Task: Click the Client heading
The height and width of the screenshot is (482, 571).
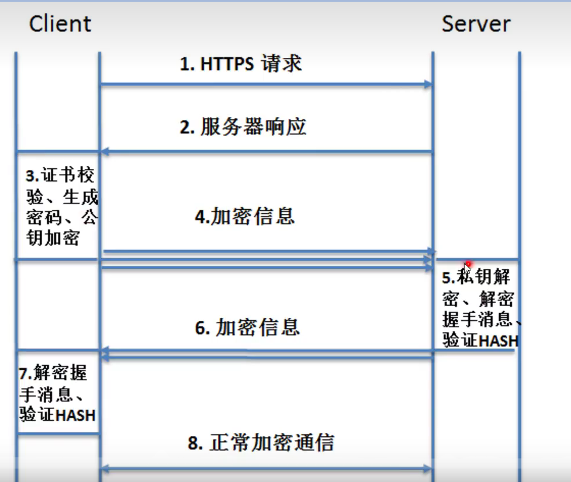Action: pyautogui.click(x=60, y=24)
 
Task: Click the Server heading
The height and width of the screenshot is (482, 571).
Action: pyautogui.click(x=476, y=24)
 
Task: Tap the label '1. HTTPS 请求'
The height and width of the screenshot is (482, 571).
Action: pyautogui.click(x=241, y=64)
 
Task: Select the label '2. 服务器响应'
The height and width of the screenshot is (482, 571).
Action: pyautogui.click(x=243, y=127)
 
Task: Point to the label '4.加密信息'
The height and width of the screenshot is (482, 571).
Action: pyautogui.click(x=245, y=216)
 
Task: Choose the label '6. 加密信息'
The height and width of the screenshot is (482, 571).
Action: pyautogui.click(x=247, y=327)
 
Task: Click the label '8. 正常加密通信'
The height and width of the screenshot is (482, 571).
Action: pyautogui.click(x=261, y=443)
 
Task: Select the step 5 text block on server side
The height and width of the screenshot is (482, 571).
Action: pyautogui.click(x=480, y=308)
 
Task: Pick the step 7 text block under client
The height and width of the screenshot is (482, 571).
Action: pyautogui.click(x=57, y=394)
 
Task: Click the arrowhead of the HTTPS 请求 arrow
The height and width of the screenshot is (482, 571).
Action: pyautogui.click(x=428, y=85)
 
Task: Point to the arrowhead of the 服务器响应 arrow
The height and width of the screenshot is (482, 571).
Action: pyautogui.click(x=105, y=151)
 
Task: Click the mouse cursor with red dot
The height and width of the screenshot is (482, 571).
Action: pyautogui.click(x=468, y=268)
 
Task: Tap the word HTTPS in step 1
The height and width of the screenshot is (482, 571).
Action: pyautogui.click(x=227, y=64)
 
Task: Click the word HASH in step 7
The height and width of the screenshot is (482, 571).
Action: pyautogui.click(x=76, y=415)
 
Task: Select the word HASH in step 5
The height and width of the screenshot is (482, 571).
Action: pyautogui.click(x=498, y=341)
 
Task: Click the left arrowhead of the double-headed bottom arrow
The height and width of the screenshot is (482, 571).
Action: pyautogui.click(x=105, y=469)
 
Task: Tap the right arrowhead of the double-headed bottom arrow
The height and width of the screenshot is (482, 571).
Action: pyautogui.click(x=428, y=469)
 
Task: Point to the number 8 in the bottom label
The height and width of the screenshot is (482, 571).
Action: pyautogui.click(x=193, y=443)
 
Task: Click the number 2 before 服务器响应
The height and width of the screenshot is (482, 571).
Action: pyautogui.click(x=185, y=127)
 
